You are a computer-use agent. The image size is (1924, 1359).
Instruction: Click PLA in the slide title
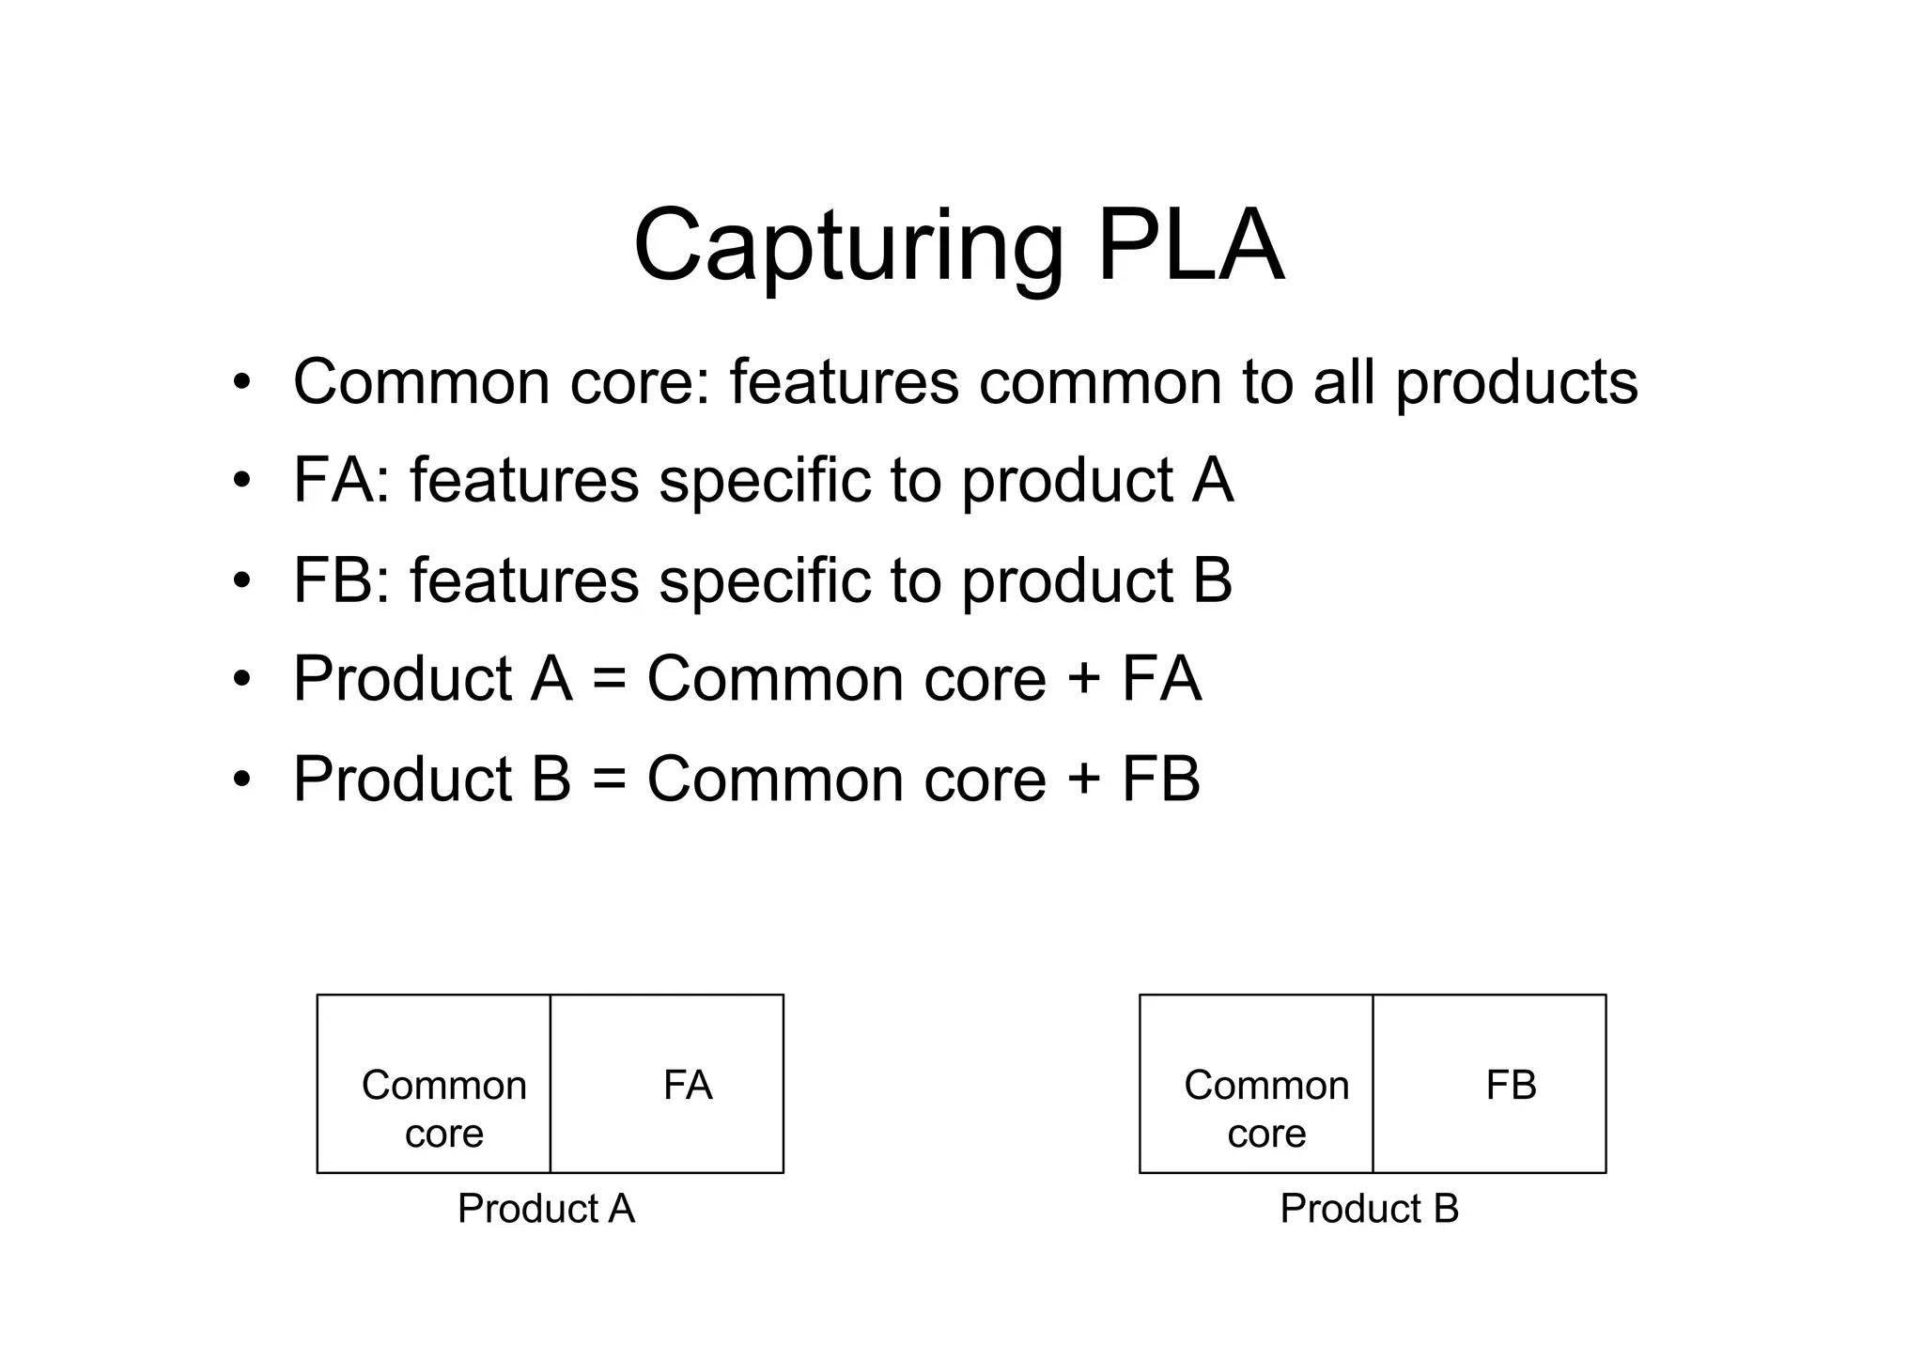pos(1190,246)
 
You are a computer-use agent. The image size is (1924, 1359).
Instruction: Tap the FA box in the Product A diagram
pos(667,1084)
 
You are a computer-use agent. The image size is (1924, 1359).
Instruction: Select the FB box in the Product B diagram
pos(1490,1084)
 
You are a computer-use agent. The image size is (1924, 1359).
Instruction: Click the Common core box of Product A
pos(434,1084)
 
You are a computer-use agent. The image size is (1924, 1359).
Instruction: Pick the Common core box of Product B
pos(1256,1084)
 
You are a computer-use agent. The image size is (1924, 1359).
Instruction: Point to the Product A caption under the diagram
pos(546,1209)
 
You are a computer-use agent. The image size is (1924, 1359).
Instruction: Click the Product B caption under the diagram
pos(1369,1209)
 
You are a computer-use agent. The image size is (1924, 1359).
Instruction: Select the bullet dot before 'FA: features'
pos(242,481)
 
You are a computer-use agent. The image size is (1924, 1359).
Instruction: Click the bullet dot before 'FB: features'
pos(242,580)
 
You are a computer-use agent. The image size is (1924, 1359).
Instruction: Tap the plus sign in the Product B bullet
pos(1084,780)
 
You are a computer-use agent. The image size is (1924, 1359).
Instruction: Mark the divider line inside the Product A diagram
pos(551,1084)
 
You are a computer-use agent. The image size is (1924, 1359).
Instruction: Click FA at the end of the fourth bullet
pos(1161,679)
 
